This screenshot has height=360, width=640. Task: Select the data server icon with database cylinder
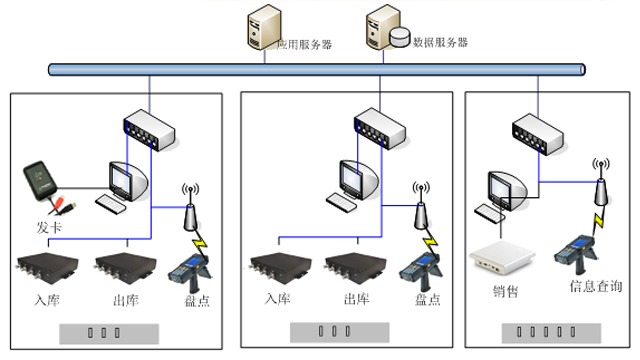click(x=386, y=28)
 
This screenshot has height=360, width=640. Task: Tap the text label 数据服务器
click(x=440, y=43)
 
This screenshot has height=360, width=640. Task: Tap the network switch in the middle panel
click(x=380, y=129)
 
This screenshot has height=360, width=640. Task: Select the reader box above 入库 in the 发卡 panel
click(x=44, y=271)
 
